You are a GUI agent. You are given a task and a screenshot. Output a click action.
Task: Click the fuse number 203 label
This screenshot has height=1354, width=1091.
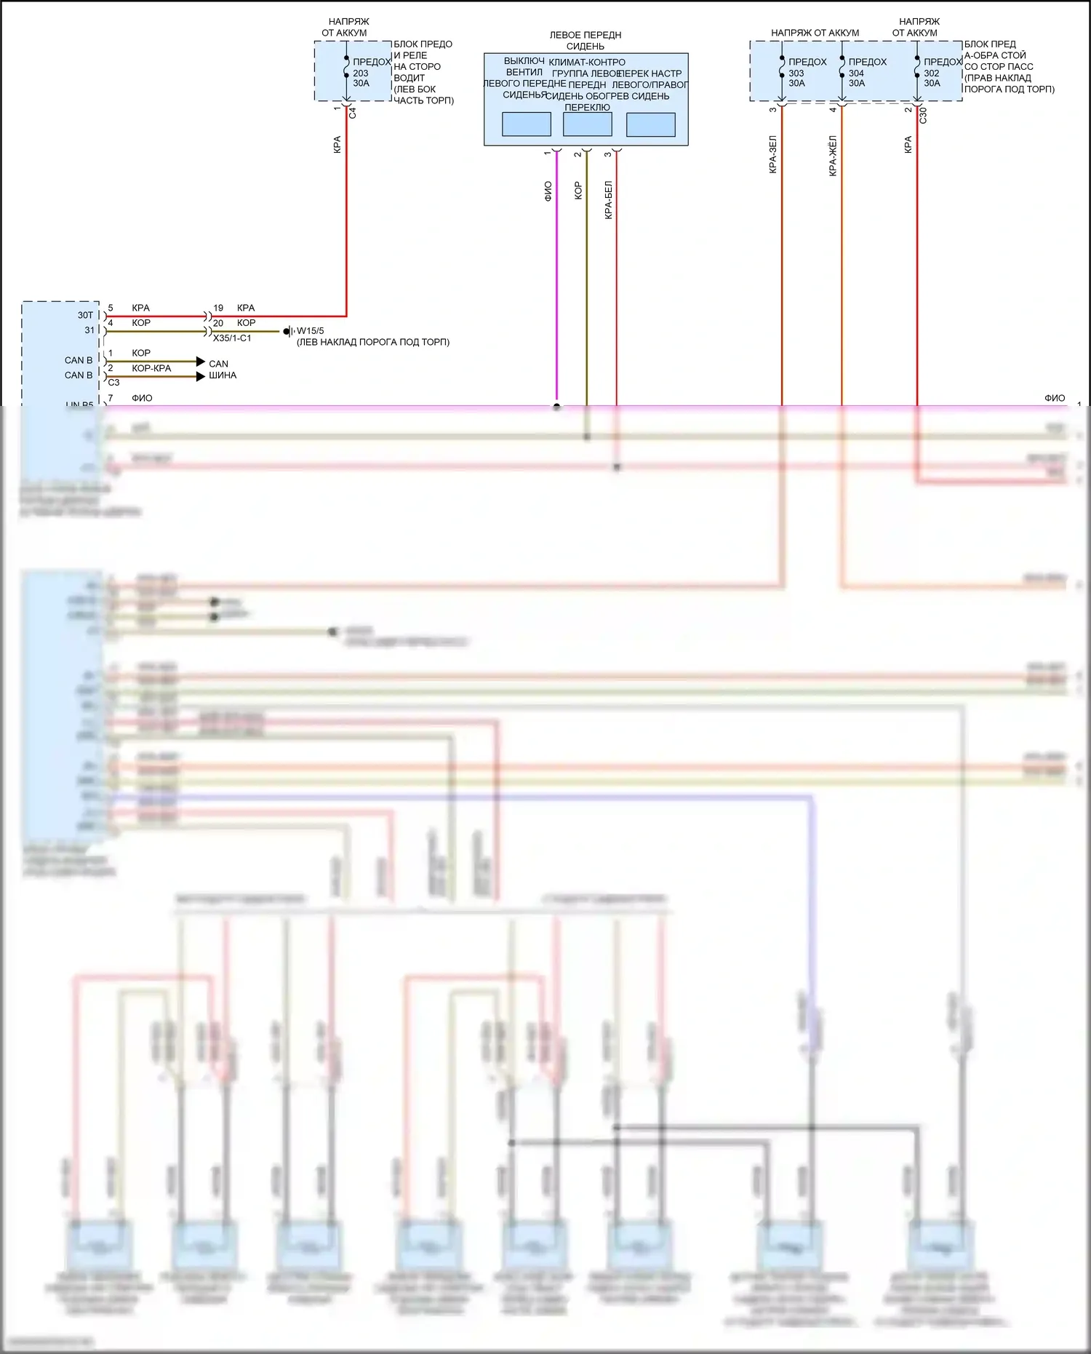(361, 73)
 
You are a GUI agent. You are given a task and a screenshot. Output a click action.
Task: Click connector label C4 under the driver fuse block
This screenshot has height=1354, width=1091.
(353, 113)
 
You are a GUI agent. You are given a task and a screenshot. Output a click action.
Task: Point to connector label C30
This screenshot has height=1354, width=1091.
(923, 115)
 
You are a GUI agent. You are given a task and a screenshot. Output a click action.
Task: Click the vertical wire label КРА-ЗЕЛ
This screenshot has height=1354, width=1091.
(772, 154)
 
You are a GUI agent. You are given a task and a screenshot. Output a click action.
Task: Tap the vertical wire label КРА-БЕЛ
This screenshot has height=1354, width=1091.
(608, 200)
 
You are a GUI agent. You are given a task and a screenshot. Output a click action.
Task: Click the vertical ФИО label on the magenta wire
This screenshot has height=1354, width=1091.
(548, 191)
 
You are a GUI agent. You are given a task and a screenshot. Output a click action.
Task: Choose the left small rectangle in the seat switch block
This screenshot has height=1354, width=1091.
(526, 124)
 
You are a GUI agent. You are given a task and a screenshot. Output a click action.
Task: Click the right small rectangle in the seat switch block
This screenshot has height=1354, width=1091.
(650, 124)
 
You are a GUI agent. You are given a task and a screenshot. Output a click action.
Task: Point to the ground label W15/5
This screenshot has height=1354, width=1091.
(311, 331)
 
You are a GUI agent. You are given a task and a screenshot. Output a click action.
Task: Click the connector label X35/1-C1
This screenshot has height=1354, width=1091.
(232, 338)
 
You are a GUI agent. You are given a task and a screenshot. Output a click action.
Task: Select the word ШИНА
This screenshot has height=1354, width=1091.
(223, 375)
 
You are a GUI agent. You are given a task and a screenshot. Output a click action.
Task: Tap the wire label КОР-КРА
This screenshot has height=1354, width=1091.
(151, 368)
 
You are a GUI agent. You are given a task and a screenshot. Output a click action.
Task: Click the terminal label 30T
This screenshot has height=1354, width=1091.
(86, 315)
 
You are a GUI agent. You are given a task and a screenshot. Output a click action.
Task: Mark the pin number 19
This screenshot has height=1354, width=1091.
(218, 308)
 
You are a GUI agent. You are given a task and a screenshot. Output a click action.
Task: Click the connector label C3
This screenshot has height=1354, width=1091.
(113, 382)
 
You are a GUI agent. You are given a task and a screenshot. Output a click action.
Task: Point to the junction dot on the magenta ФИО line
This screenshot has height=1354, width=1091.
(556, 407)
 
